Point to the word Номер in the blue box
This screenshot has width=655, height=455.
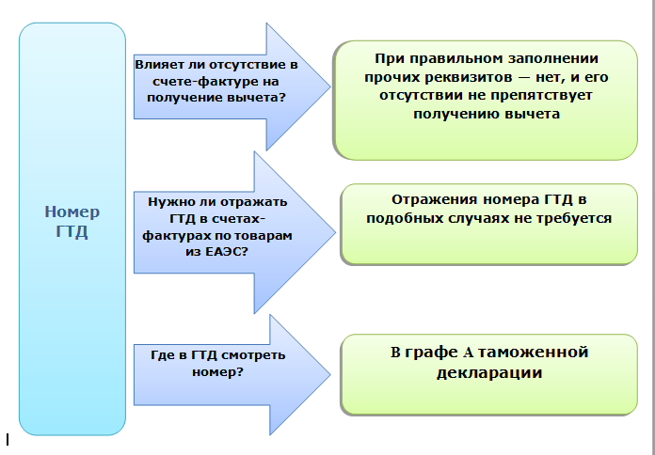coord(72,212)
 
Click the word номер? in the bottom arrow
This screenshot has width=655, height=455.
coord(224,372)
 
